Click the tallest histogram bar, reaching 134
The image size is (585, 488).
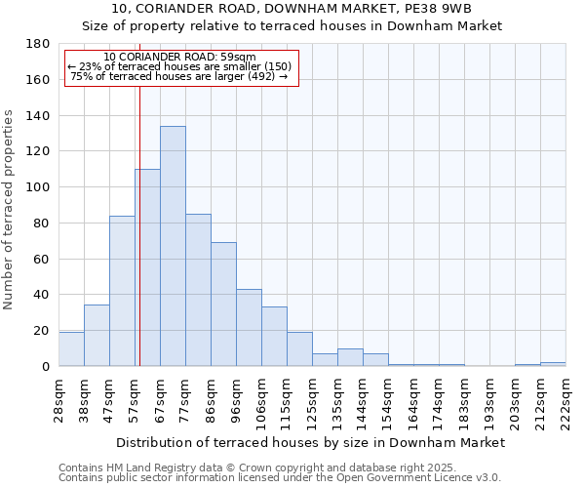pos(173,246)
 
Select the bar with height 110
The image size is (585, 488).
pos(147,267)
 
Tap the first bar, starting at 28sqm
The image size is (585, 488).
pos(71,349)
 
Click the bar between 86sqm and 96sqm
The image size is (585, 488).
pos(223,305)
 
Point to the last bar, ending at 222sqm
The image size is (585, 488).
pos(553,364)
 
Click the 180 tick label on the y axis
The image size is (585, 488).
pos(38,44)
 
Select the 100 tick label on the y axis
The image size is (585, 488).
pos(38,187)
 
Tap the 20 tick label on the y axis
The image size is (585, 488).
pos(42,331)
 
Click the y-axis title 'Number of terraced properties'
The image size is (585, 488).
pos(10,210)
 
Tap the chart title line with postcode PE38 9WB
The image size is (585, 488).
pos(292,9)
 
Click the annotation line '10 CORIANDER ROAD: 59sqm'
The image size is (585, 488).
pos(179,58)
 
